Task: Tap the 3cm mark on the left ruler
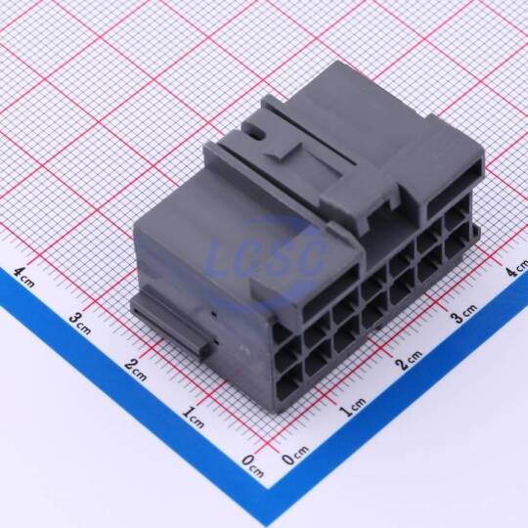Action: click(80, 324)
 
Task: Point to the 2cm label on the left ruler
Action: click(136, 370)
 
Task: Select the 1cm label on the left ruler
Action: click(193, 417)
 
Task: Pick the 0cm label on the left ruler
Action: click(252, 465)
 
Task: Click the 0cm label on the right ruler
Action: click(295, 456)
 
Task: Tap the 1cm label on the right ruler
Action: click(352, 407)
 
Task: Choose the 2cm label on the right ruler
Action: click(408, 360)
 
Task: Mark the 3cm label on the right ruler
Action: click(464, 314)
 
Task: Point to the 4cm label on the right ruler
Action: click(518, 268)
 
